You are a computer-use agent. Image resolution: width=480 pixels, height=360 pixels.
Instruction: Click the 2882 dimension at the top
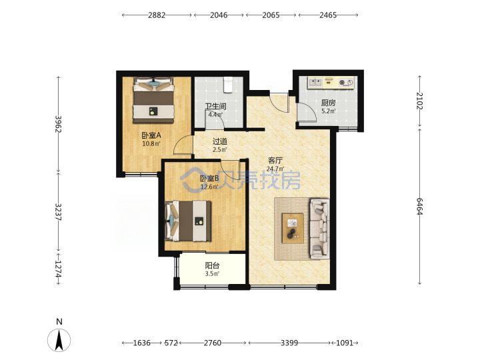pos(157,15)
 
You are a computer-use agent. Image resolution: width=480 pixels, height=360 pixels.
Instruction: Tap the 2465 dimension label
pos(328,15)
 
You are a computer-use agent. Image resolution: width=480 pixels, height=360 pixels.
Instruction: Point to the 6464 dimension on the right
pos(420,206)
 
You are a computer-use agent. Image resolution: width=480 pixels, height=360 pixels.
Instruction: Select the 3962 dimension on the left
pos(58,124)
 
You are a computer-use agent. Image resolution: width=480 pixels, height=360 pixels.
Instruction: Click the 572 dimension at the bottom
pos(171,343)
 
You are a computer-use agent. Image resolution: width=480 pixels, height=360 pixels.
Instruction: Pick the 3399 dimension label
pos(289,343)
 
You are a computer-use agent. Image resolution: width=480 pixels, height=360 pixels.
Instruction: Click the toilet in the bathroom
pos(228,85)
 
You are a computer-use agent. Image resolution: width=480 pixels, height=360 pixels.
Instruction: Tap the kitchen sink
pos(315,83)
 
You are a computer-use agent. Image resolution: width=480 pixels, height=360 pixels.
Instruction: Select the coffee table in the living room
pos(293,229)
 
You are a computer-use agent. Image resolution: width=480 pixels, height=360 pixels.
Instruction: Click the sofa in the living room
pos(320,229)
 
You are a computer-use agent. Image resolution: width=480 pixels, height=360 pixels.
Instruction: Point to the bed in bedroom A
pos(153,100)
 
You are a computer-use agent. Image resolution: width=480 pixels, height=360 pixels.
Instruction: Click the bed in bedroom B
pos(188,221)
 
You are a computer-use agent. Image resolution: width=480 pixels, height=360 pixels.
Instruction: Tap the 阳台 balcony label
pos(212,265)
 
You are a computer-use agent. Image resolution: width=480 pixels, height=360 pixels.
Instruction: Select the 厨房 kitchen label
pos(328,103)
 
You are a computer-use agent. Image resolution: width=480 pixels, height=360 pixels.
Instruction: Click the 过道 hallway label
pos(220,141)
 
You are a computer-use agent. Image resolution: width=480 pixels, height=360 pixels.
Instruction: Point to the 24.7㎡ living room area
pos(275,169)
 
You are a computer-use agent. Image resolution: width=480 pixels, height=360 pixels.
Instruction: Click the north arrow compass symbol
pos(59,340)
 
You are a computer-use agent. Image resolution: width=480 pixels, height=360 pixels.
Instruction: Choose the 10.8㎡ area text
pos(151,143)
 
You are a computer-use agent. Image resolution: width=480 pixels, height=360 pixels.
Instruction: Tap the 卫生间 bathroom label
pos(215,107)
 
